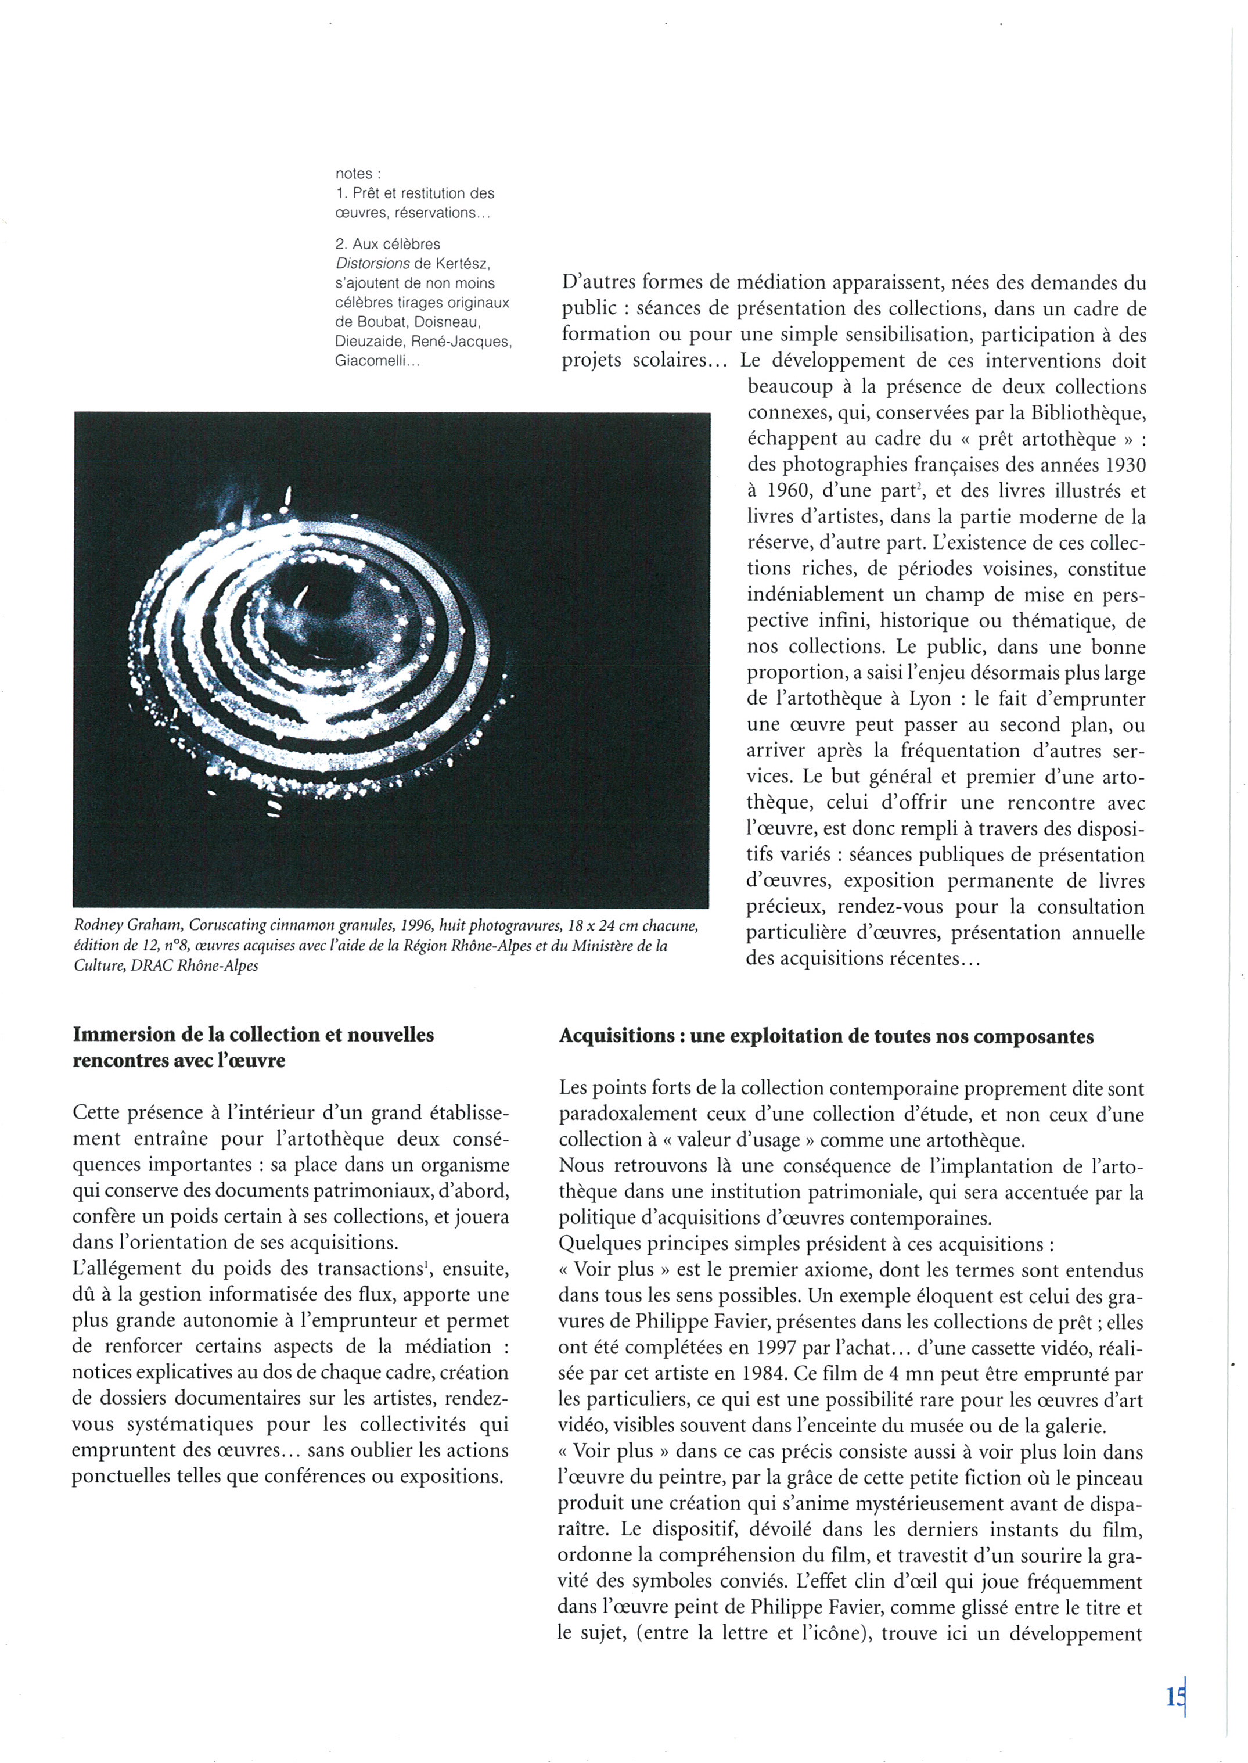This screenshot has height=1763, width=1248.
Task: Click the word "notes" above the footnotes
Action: pyautogui.click(x=353, y=174)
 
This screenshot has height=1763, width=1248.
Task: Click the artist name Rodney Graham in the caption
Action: pyautogui.click(x=128, y=925)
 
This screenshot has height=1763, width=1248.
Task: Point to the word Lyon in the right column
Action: pyautogui.click(x=930, y=699)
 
